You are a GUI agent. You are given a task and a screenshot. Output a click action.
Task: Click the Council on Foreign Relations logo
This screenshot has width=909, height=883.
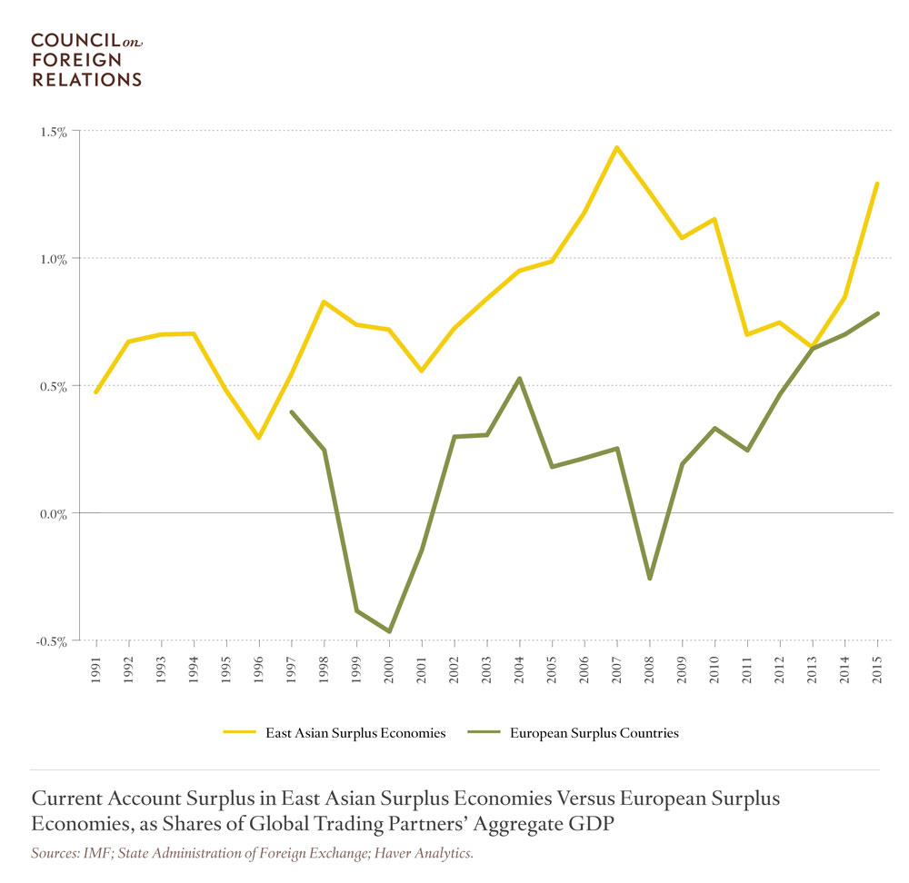[86, 59]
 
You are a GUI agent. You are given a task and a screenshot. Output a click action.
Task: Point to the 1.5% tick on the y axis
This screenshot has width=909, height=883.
[54, 132]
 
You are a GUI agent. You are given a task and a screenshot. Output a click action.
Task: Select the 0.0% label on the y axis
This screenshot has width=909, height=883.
[53, 514]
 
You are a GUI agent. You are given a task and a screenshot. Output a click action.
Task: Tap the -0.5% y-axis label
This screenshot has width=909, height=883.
[52, 641]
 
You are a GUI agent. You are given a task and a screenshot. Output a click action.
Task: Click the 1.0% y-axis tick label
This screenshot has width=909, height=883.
[54, 259]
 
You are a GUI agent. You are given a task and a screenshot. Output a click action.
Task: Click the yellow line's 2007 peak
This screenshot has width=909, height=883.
[616, 147]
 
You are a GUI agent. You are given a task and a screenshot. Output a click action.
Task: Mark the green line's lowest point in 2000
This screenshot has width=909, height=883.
[389, 630]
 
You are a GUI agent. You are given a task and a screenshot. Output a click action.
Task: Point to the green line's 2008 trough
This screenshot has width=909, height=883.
[649, 579]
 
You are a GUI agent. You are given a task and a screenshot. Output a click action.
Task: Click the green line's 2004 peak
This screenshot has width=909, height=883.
[519, 378]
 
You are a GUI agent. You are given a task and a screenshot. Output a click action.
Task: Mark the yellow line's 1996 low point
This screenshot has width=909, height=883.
[259, 438]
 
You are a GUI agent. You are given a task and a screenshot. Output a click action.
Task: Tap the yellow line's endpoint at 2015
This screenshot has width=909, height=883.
[877, 183]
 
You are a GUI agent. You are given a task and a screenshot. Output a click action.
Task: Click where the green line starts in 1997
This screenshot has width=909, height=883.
[291, 412]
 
